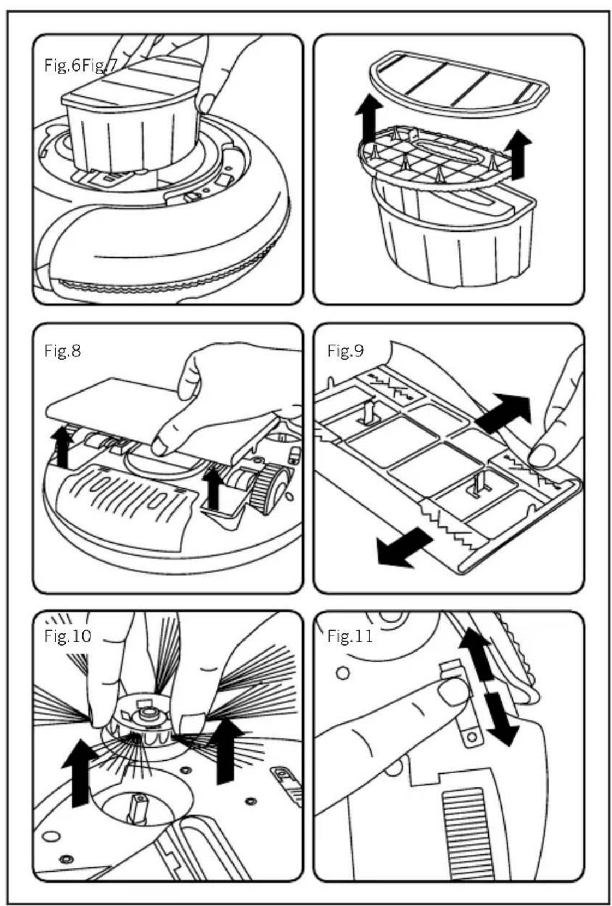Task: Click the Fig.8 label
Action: (62, 350)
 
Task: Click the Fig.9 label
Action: (345, 350)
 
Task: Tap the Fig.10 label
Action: (68, 636)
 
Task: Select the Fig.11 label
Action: (349, 636)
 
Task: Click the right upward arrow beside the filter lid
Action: (519, 155)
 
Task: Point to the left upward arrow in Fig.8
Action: (62, 448)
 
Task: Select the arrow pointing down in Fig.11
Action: (501, 713)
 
